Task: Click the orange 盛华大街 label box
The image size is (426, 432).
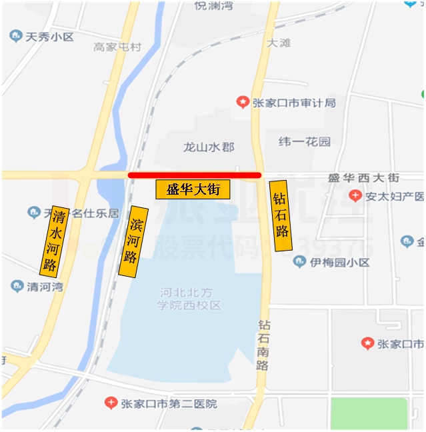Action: click(193, 189)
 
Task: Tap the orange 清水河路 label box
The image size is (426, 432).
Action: click(54, 241)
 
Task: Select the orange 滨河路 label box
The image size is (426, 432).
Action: click(133, 241)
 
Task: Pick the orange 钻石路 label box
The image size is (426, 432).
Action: click(281, 215)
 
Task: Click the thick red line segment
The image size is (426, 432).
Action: click(194, 175)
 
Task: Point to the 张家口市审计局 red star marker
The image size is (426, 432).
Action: click(243, 102)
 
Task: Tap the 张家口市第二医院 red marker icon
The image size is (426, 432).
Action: click(111, 403)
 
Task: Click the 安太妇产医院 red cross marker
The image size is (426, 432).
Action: click(355, 196)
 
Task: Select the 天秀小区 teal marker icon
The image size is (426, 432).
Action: click(15, 37)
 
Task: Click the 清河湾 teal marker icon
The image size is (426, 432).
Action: click(17, 287)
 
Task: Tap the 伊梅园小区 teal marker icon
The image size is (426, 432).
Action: click(299, 262)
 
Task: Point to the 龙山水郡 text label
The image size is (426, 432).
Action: click(209, 147)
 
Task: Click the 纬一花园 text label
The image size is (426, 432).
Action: click(304, 142)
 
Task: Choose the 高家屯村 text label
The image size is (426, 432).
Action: click(117, 47)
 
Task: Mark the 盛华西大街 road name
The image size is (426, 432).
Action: click(363, 178)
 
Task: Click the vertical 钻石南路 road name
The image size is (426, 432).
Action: click(264, 345)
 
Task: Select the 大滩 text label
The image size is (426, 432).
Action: click(279, 43)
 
